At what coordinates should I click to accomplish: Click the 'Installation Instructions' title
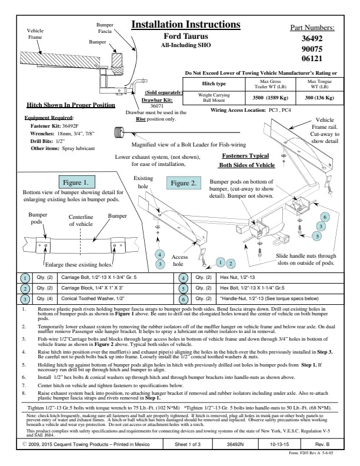click(185, 25)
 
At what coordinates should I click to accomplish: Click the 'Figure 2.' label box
click(184, 183)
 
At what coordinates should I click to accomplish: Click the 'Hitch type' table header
click(214, 84)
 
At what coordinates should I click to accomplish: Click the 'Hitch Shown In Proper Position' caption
click(71, 105)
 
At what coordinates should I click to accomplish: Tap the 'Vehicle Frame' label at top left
click(35, 34)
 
